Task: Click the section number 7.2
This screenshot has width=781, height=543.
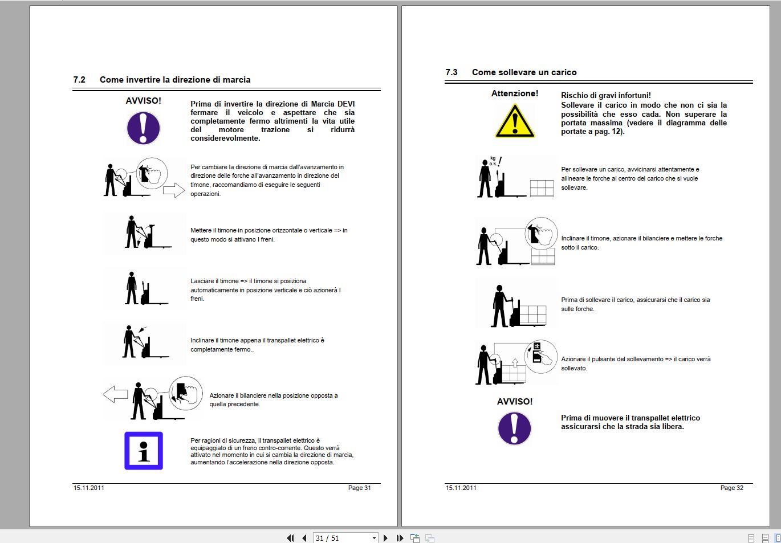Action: (x=79, y=80)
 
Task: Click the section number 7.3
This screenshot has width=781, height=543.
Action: (x=451, y=72)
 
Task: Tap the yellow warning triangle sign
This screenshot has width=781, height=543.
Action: (x=515, y=121)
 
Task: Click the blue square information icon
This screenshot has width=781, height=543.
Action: (x=144, y=451)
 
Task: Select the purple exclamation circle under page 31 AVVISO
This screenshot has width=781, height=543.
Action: (x=143, y=128)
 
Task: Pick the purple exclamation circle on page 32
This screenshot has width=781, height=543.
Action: (x=514, y=428)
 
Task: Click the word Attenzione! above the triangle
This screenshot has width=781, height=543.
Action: (x=515, y=93)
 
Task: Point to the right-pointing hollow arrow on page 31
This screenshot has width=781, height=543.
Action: (x=174, y=190)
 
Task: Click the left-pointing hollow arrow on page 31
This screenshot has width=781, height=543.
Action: (x=115, y=394)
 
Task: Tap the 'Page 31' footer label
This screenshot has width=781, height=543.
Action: (x=360, y=488)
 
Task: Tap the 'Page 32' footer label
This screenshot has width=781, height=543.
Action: (x=732, y=488)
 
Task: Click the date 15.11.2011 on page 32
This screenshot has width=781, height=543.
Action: (x=461, y=488)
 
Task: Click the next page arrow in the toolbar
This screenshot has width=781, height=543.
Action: (x=385, y=538)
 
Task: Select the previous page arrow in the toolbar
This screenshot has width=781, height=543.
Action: (x=304, y=538)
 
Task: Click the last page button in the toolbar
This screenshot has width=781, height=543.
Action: (x=400, y=538)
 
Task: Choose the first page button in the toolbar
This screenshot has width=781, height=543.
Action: (x=290, y=538)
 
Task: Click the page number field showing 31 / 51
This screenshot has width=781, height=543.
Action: (x=345, y=538)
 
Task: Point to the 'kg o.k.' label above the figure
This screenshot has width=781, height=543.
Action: (x=493, y=161)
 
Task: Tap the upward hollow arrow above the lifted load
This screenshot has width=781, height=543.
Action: (x=515, y=363)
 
